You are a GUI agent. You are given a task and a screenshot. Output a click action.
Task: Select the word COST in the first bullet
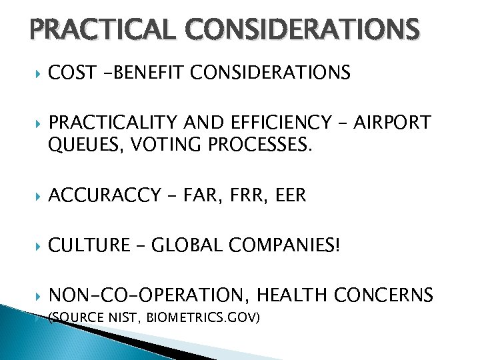pos(71,73)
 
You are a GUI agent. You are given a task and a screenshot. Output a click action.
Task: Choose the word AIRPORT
pos(393,123)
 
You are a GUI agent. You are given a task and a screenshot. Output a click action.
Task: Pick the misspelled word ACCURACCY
pos(105,195)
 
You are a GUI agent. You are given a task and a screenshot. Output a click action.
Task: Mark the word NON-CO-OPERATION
pos(148,294)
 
